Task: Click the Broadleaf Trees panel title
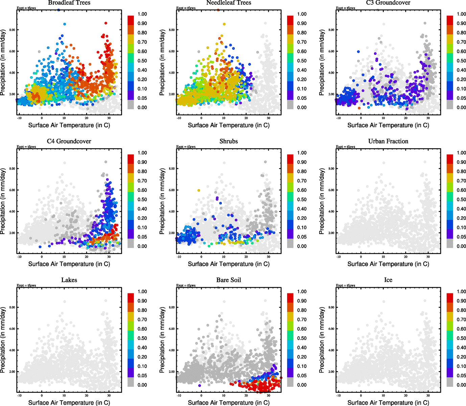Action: [x=69, y=3]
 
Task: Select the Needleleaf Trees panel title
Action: [x=229, y=3]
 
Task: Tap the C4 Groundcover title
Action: [x=69, y=141]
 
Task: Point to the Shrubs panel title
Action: [x=229, y=141]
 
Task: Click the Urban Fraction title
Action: [x=388, y=141]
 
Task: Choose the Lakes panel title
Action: [x=69, y=280]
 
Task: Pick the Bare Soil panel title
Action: [x=229, y=280]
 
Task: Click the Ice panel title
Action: [x=388, y=280]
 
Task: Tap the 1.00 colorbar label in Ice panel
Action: [x=461, y=291]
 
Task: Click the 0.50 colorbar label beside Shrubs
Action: [x=302, y=199]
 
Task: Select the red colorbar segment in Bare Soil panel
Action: [x=290, y=298]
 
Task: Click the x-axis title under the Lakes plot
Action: [x=69, y=402]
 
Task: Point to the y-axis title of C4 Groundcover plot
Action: [x=3, y=201]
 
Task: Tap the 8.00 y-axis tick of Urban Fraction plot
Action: [x=331, y=168]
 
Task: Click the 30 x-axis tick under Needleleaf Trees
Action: [x=269, y=118]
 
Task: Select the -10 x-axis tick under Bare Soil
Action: [x=179, y=396]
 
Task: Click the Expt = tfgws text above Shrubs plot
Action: [x=186, y=146]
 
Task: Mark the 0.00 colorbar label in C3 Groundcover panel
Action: [x=461, y=107]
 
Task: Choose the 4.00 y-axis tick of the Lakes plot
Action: [x=12, y=350]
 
